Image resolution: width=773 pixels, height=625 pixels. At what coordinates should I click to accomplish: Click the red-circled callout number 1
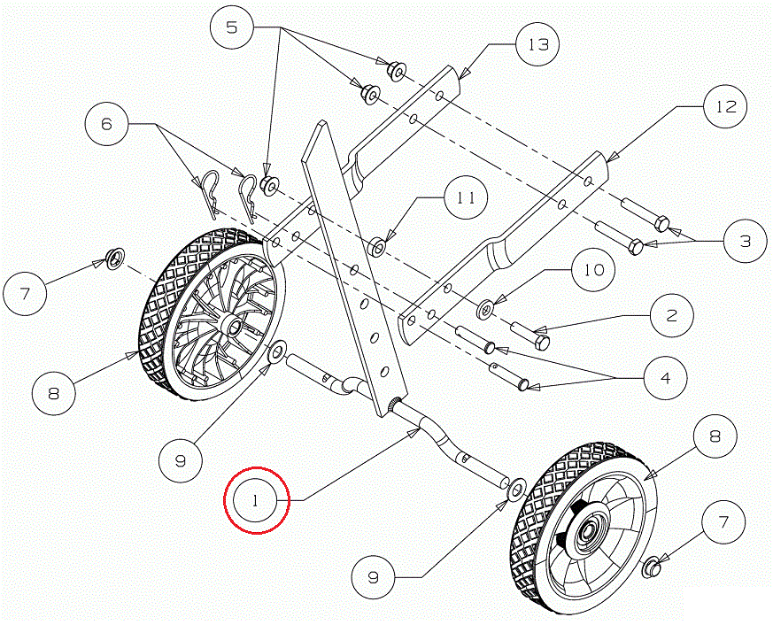(x=256, y=501)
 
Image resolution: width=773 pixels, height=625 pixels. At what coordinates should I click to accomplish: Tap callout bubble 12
(x=725, y=108)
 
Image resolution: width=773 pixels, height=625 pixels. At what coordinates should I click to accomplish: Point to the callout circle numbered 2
(x=673, y=316)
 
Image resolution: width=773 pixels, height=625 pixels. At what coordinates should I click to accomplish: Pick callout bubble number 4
(x=664, y=378)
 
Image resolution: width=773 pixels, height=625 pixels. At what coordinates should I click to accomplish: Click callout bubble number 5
(x=232, y=28)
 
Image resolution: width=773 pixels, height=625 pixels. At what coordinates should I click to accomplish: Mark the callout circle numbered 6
(x=107, y=125)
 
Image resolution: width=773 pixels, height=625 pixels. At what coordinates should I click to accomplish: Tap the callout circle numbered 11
(x=467, y=198)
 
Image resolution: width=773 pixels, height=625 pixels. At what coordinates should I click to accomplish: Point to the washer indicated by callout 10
(x=488, y=309)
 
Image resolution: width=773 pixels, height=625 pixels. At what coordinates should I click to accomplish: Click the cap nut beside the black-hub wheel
(x=649, y=564)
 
